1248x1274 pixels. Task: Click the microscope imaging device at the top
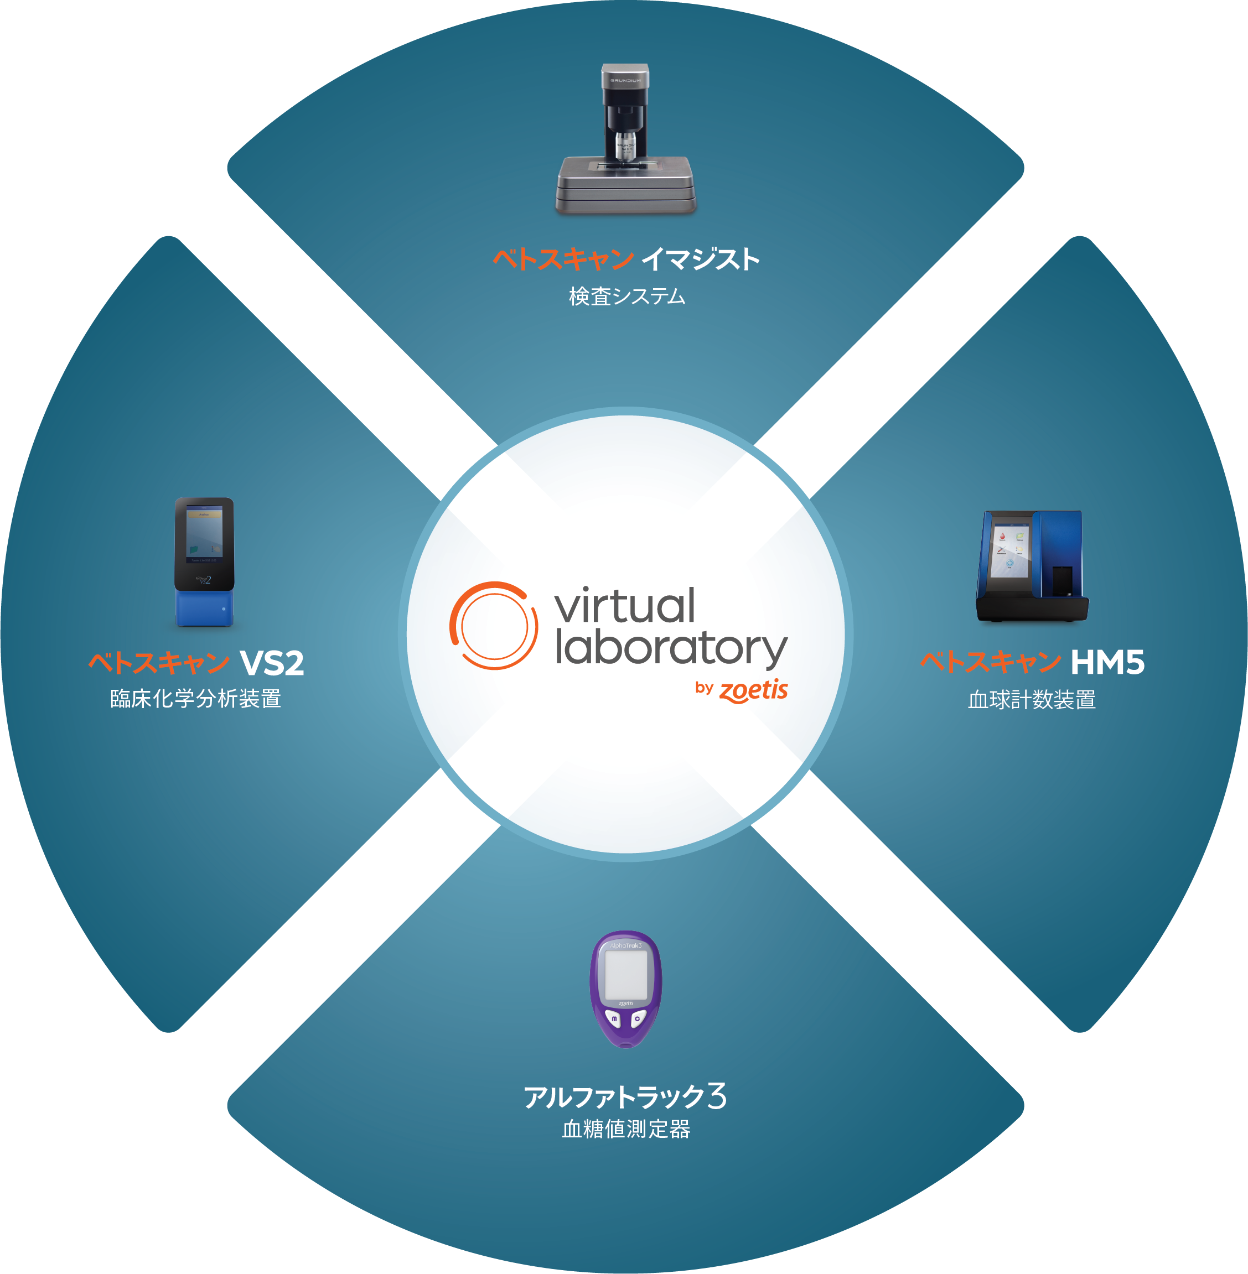[625, 141]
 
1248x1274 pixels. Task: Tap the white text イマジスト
[700, 259]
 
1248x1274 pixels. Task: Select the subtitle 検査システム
[626, 297]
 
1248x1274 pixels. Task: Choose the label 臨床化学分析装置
[195, 698]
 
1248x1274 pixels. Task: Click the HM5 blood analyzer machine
[1031, 566]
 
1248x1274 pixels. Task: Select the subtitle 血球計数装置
[1032, 700]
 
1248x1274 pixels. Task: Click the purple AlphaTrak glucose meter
[626, 989]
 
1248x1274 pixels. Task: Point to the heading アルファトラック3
[625, 1096]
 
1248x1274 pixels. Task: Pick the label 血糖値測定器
[626, 1129]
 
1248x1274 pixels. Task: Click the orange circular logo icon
[494, 626]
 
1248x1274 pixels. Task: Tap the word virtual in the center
[625, 606]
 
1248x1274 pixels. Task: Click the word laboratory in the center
[671, 648]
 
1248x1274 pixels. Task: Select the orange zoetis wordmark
[753, 690]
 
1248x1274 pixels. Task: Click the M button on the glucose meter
[614, 1019]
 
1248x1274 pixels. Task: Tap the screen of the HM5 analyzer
[1010, 551]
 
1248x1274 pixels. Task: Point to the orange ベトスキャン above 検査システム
[562, 259]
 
